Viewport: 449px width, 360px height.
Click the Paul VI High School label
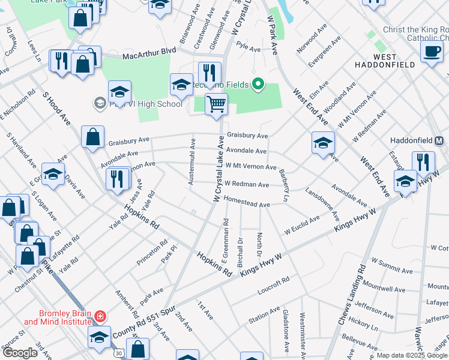[145, 104]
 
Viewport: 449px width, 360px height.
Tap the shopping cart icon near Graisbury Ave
[216, 104]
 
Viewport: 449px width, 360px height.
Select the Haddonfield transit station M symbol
[439, 141]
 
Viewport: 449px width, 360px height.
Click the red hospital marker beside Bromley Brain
[100, 316]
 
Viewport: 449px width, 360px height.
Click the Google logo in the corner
[20, 353]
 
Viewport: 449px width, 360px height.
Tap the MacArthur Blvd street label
[149, 54]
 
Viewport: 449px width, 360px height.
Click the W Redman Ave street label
[247, 185]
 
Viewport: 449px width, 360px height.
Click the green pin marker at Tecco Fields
[259, 84]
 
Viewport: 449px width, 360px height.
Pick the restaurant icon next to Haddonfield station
[423, 162]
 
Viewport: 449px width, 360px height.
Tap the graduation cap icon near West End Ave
[323, 143]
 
